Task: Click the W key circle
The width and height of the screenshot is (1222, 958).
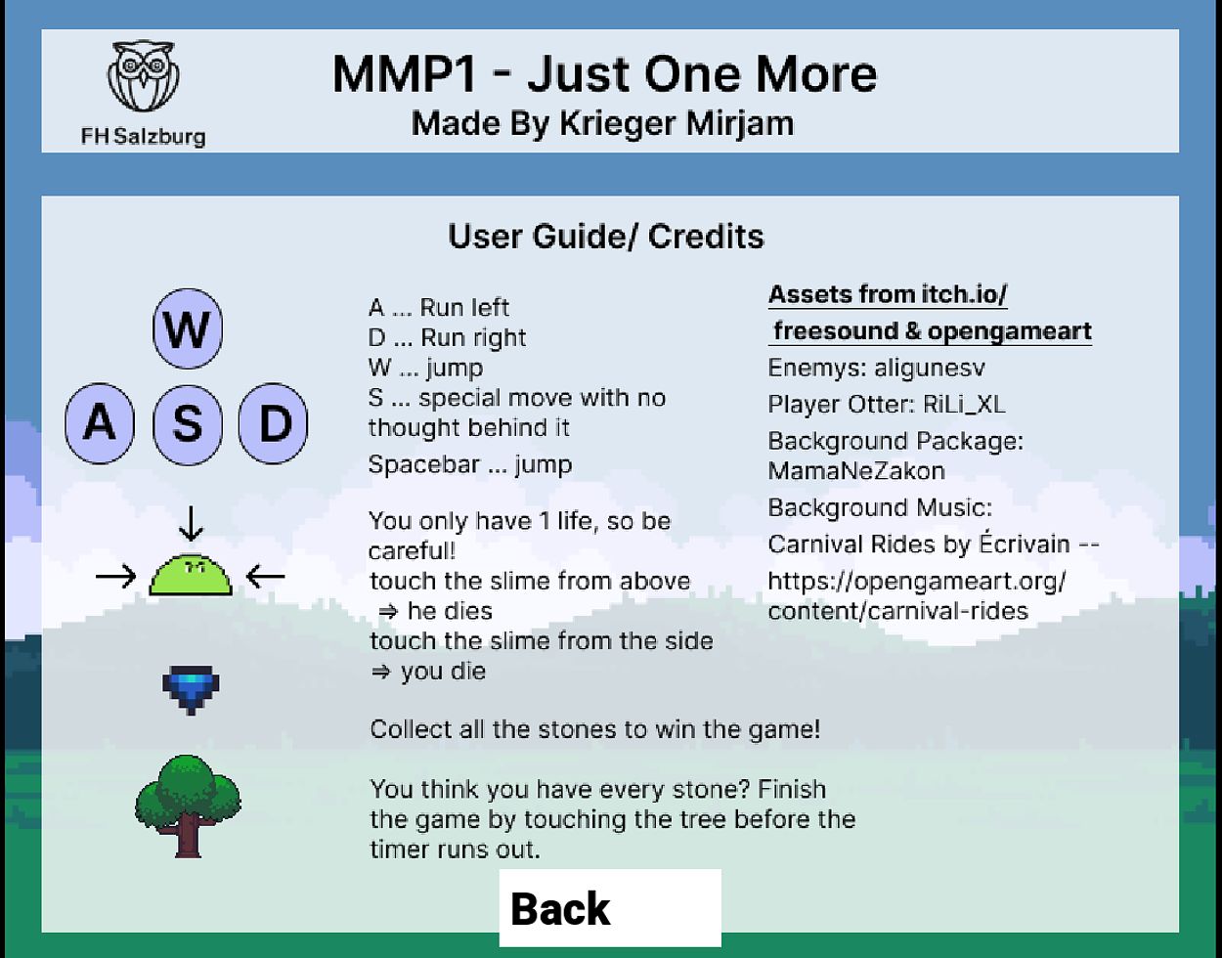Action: tap(188, 328)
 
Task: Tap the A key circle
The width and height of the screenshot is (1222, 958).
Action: tap(100, 423)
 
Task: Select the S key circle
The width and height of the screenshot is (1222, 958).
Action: tap(188, 423)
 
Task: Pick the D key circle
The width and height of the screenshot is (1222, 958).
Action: tap(274, 423)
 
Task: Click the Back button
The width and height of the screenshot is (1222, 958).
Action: tap(610, 908)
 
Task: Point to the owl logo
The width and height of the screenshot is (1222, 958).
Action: tap(145, 76)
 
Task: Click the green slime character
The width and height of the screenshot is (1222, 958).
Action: tap(191, 575)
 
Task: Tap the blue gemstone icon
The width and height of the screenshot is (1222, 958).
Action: tap(191, 689)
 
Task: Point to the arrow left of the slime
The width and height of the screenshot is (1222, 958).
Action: tap(116, 577)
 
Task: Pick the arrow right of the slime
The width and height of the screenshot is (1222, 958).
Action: tap(265, 577)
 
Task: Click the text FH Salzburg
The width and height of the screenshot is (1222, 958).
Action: tap(144, 136)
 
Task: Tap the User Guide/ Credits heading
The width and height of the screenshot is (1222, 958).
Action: tap(606, 237)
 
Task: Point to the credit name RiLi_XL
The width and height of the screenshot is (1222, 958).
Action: tap(963, 405)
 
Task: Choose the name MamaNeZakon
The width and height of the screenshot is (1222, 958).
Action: tap(856, 471)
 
